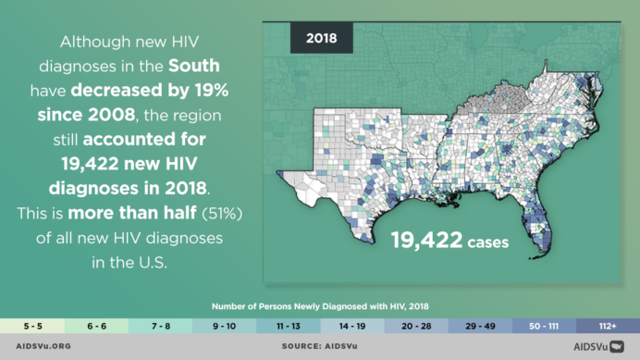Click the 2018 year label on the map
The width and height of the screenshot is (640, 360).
point(320,40)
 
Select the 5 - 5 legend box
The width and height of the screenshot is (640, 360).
point(32,326)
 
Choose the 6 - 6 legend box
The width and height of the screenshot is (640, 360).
point(96,326)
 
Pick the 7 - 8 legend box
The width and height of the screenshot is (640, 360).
point(160,326)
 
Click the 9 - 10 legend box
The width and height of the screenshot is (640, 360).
point(224,326)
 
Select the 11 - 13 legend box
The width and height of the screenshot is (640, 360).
point(288,326)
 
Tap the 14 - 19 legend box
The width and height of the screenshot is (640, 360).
point(351,326)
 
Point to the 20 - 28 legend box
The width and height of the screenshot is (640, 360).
point(415,326)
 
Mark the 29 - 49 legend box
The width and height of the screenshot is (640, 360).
point(479,326)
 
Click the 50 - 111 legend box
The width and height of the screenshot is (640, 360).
point(543,326)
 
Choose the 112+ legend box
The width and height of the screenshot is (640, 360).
point(607,326)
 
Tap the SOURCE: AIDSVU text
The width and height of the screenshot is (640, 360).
point(319,347)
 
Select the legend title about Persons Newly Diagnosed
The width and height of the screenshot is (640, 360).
point(320,305)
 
